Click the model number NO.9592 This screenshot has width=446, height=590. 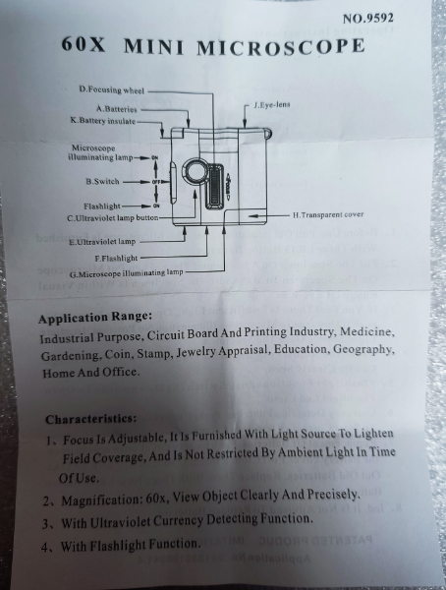(x=367, y=18)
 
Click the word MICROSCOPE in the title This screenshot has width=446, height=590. (x=281, y=46)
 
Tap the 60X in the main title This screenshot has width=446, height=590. (x=84, y=44)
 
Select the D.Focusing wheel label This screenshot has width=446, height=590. (x=112, y=89)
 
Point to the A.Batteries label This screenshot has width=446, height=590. (x=117, y=109)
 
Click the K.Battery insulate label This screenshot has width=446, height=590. (x=103, y=121)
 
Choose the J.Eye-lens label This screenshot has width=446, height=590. (x=272, y=104)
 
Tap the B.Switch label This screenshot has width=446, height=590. (x=102, y=181)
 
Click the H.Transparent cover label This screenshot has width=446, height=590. (x=328, y=214)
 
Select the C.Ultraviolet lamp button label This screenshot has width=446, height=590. (x=113, y=218)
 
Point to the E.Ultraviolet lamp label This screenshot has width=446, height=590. (x=102, y=242)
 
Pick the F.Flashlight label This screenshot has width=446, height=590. (x=116, y=258)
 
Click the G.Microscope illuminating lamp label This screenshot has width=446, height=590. (x=126, y=272)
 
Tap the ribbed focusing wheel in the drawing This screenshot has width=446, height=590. (x=215, y=185)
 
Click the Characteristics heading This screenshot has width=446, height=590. (x=91, y=419)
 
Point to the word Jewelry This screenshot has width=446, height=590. (x=196, y=352)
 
